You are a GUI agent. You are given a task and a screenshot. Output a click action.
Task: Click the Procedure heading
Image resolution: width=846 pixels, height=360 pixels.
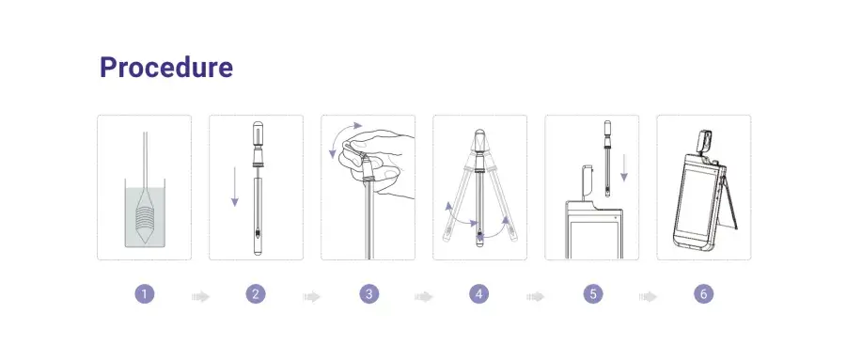point(166,68)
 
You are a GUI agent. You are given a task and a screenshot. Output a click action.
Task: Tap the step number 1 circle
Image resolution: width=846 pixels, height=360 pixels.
point(144,294)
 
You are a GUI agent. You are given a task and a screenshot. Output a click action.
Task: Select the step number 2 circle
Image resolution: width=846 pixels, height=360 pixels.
point(256,294)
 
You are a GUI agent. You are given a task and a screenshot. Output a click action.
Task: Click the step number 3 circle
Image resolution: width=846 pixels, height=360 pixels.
point(369,294)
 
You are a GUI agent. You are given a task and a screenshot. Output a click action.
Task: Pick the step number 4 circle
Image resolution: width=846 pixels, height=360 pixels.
point(479,294)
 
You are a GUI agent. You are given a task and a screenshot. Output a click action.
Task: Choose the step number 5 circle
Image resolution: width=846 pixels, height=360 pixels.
point(593,294)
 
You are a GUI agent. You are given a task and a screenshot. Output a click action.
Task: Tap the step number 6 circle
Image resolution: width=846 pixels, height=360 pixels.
point(703,294)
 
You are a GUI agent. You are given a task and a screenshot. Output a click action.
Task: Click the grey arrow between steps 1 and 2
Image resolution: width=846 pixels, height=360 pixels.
point(201,296)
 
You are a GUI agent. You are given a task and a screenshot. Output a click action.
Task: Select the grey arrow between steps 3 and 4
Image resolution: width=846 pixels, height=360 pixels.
point(424,296)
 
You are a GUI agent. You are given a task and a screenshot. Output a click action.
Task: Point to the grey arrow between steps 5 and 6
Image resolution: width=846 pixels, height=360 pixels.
point(648,296)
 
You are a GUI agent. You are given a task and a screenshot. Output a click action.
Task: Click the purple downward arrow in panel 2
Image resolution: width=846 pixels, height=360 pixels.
point(235,186)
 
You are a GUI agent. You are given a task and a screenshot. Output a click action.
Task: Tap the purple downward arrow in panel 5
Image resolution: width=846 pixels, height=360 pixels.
point(624,167)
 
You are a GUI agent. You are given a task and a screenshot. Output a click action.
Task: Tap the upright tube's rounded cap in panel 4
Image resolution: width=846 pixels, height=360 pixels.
point(479,135)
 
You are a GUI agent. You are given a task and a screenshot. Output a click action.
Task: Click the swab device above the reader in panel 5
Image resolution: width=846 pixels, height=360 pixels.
point(607,158)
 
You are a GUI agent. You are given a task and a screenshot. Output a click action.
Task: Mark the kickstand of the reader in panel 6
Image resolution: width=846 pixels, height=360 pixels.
point(729,198)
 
